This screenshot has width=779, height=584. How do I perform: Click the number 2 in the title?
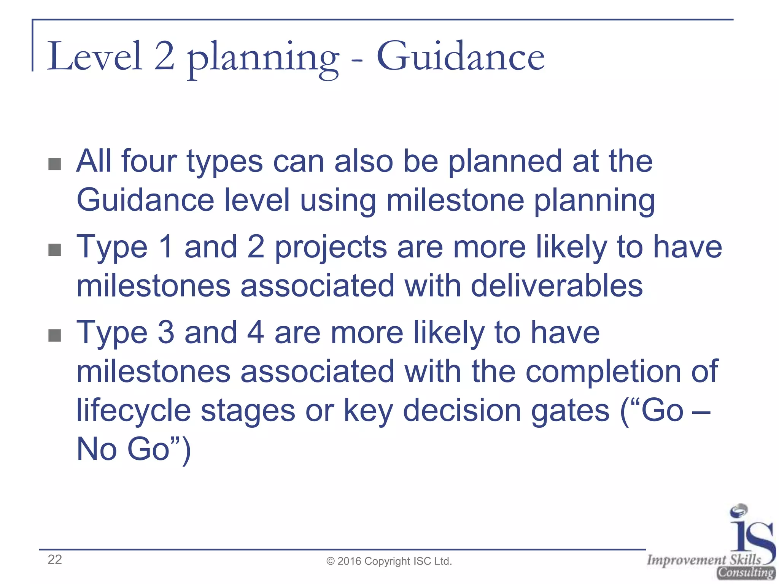point(164,57)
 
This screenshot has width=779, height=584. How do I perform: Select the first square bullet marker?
point(55,164)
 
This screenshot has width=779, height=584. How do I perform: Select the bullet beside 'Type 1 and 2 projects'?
point(55,250)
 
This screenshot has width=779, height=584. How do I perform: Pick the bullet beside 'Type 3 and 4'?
point(55,335)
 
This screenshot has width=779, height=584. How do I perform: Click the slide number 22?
point(55,560)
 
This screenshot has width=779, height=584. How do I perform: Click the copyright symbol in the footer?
point(331,562)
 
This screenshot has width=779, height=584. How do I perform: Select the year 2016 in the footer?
point(349,562)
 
